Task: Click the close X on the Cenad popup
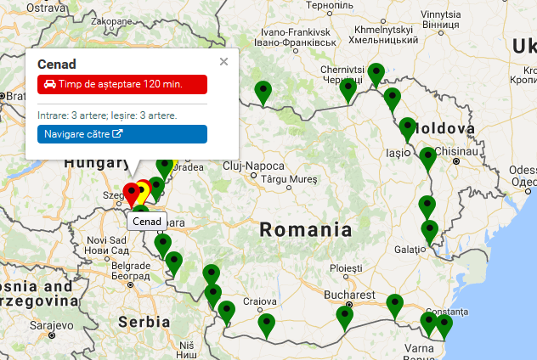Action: pyautogui.click(x=223, y=61)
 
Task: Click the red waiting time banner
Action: pyautogui.click(x=122, y=84)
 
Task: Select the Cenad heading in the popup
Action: pyautogui.click(x=57, y=64)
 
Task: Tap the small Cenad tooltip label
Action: pyautogui.click(x=147, y=222)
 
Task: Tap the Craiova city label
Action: pyautogui.click(x=260, y=301)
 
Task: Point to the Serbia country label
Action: pyautogui.click(x=144, y=322)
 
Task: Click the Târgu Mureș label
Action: pyautogui.click(x=289, y=179)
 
